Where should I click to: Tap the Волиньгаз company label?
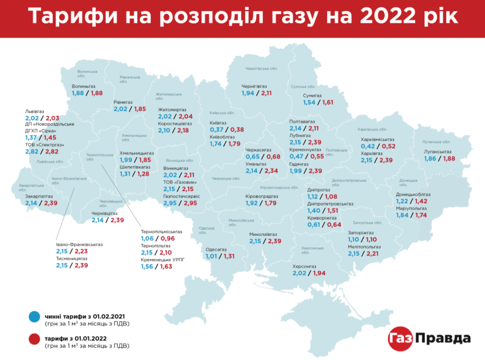click(84, 86)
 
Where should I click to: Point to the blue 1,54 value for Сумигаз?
click(310, 103)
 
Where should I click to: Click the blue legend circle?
click(33, 316)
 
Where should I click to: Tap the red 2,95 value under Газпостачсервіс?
click(191, 204)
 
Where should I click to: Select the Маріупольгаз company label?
click(411, 208)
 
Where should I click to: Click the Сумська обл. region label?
click(302, 86)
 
